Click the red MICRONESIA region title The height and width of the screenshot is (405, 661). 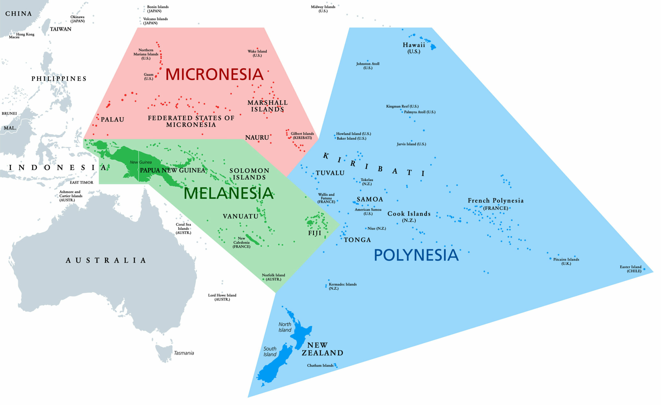[x=214, y=74]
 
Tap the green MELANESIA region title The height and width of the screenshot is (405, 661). [x=228, y=193]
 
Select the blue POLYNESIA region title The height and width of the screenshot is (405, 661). [x=416, y=255]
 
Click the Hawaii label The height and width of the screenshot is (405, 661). [x=414, y=45]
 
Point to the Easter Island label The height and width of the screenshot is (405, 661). [x=630, y=267]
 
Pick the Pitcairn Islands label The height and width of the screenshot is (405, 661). [x=566, y=259]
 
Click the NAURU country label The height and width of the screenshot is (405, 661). [x=257, y=137]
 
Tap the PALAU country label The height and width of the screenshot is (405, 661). [x=112, y=119]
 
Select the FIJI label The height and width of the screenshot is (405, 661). [x=315, y=233]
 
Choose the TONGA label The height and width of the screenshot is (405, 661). [x=357, y=240]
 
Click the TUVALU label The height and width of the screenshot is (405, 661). [x=330, y=173]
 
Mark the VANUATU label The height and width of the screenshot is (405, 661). [x=241, y=216]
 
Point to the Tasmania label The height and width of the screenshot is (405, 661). [x=184, y=353]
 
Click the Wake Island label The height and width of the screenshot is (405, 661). [x=257, y=51]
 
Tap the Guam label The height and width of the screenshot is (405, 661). [x=149, y=75]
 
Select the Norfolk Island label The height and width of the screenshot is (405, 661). [x=273, y=275]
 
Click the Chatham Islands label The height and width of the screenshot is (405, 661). [x=320, y=365]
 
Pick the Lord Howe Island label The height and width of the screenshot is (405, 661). [x=222, y=295]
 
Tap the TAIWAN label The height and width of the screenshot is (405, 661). [x=61, y=29]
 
